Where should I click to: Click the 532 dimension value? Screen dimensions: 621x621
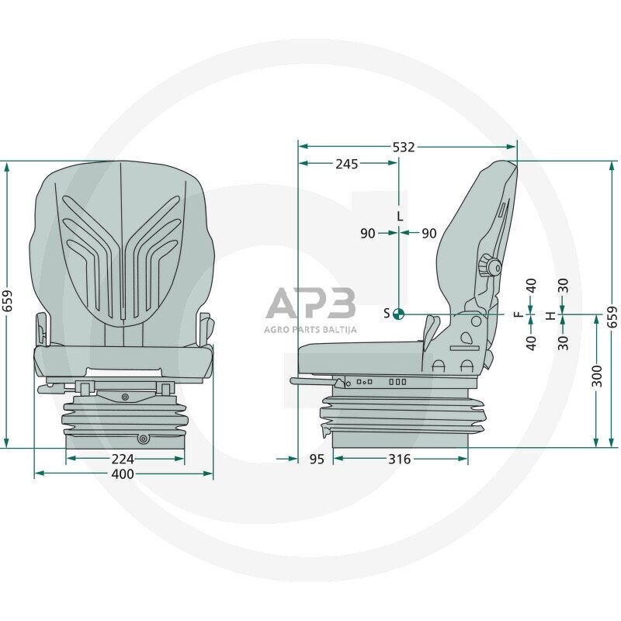pos(404,147)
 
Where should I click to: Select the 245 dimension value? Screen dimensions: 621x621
pos(346,164)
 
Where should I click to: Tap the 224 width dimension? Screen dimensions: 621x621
pos(123,459)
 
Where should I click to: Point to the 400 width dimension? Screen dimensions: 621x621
pos(123,474)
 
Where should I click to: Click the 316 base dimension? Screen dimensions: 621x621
pos(399,459)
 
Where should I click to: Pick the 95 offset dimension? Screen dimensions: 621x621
pos(317,459)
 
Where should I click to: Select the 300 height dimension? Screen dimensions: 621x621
pos(596,376)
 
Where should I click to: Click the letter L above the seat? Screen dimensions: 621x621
pos(400,217)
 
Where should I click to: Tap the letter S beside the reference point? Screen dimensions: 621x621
pos(387,314)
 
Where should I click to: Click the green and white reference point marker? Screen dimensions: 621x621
pos(399,314)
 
